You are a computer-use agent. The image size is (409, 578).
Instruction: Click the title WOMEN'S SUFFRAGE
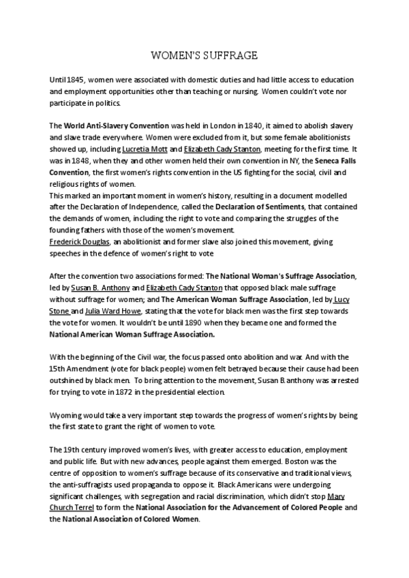coord(204,54)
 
